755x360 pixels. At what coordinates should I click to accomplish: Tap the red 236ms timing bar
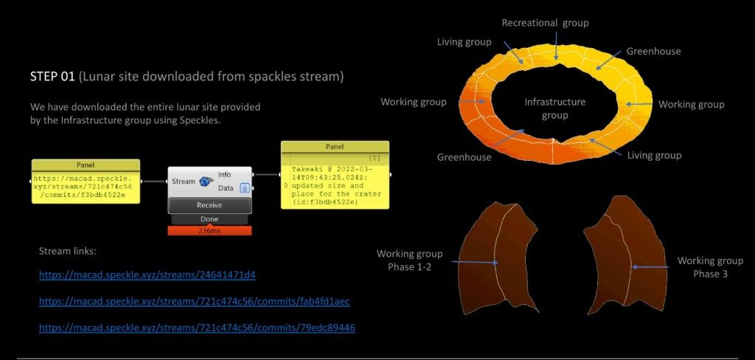click(209, 231)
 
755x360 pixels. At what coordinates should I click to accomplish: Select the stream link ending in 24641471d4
click(147, 275)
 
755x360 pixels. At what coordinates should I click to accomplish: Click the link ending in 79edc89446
click(197, 327)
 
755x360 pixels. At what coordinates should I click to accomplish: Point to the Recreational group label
click(545, 23)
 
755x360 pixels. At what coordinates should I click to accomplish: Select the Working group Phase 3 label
click(710, 267)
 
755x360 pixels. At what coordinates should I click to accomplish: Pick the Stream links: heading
click(68, 252)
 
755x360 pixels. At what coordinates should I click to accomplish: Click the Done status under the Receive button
click(209, 219)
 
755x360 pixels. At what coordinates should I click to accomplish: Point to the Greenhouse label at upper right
click(653, 52)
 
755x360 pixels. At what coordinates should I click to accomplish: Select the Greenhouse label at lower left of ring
click(464, 157)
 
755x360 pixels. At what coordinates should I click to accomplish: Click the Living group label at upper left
click(464, 42)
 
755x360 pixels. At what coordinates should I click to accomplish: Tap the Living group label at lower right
click(654, 156)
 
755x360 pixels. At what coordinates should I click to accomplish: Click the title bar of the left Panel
click(86, 165)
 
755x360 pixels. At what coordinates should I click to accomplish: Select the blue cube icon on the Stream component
click(206, 181)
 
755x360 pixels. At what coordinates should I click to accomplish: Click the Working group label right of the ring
click(691, 105)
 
